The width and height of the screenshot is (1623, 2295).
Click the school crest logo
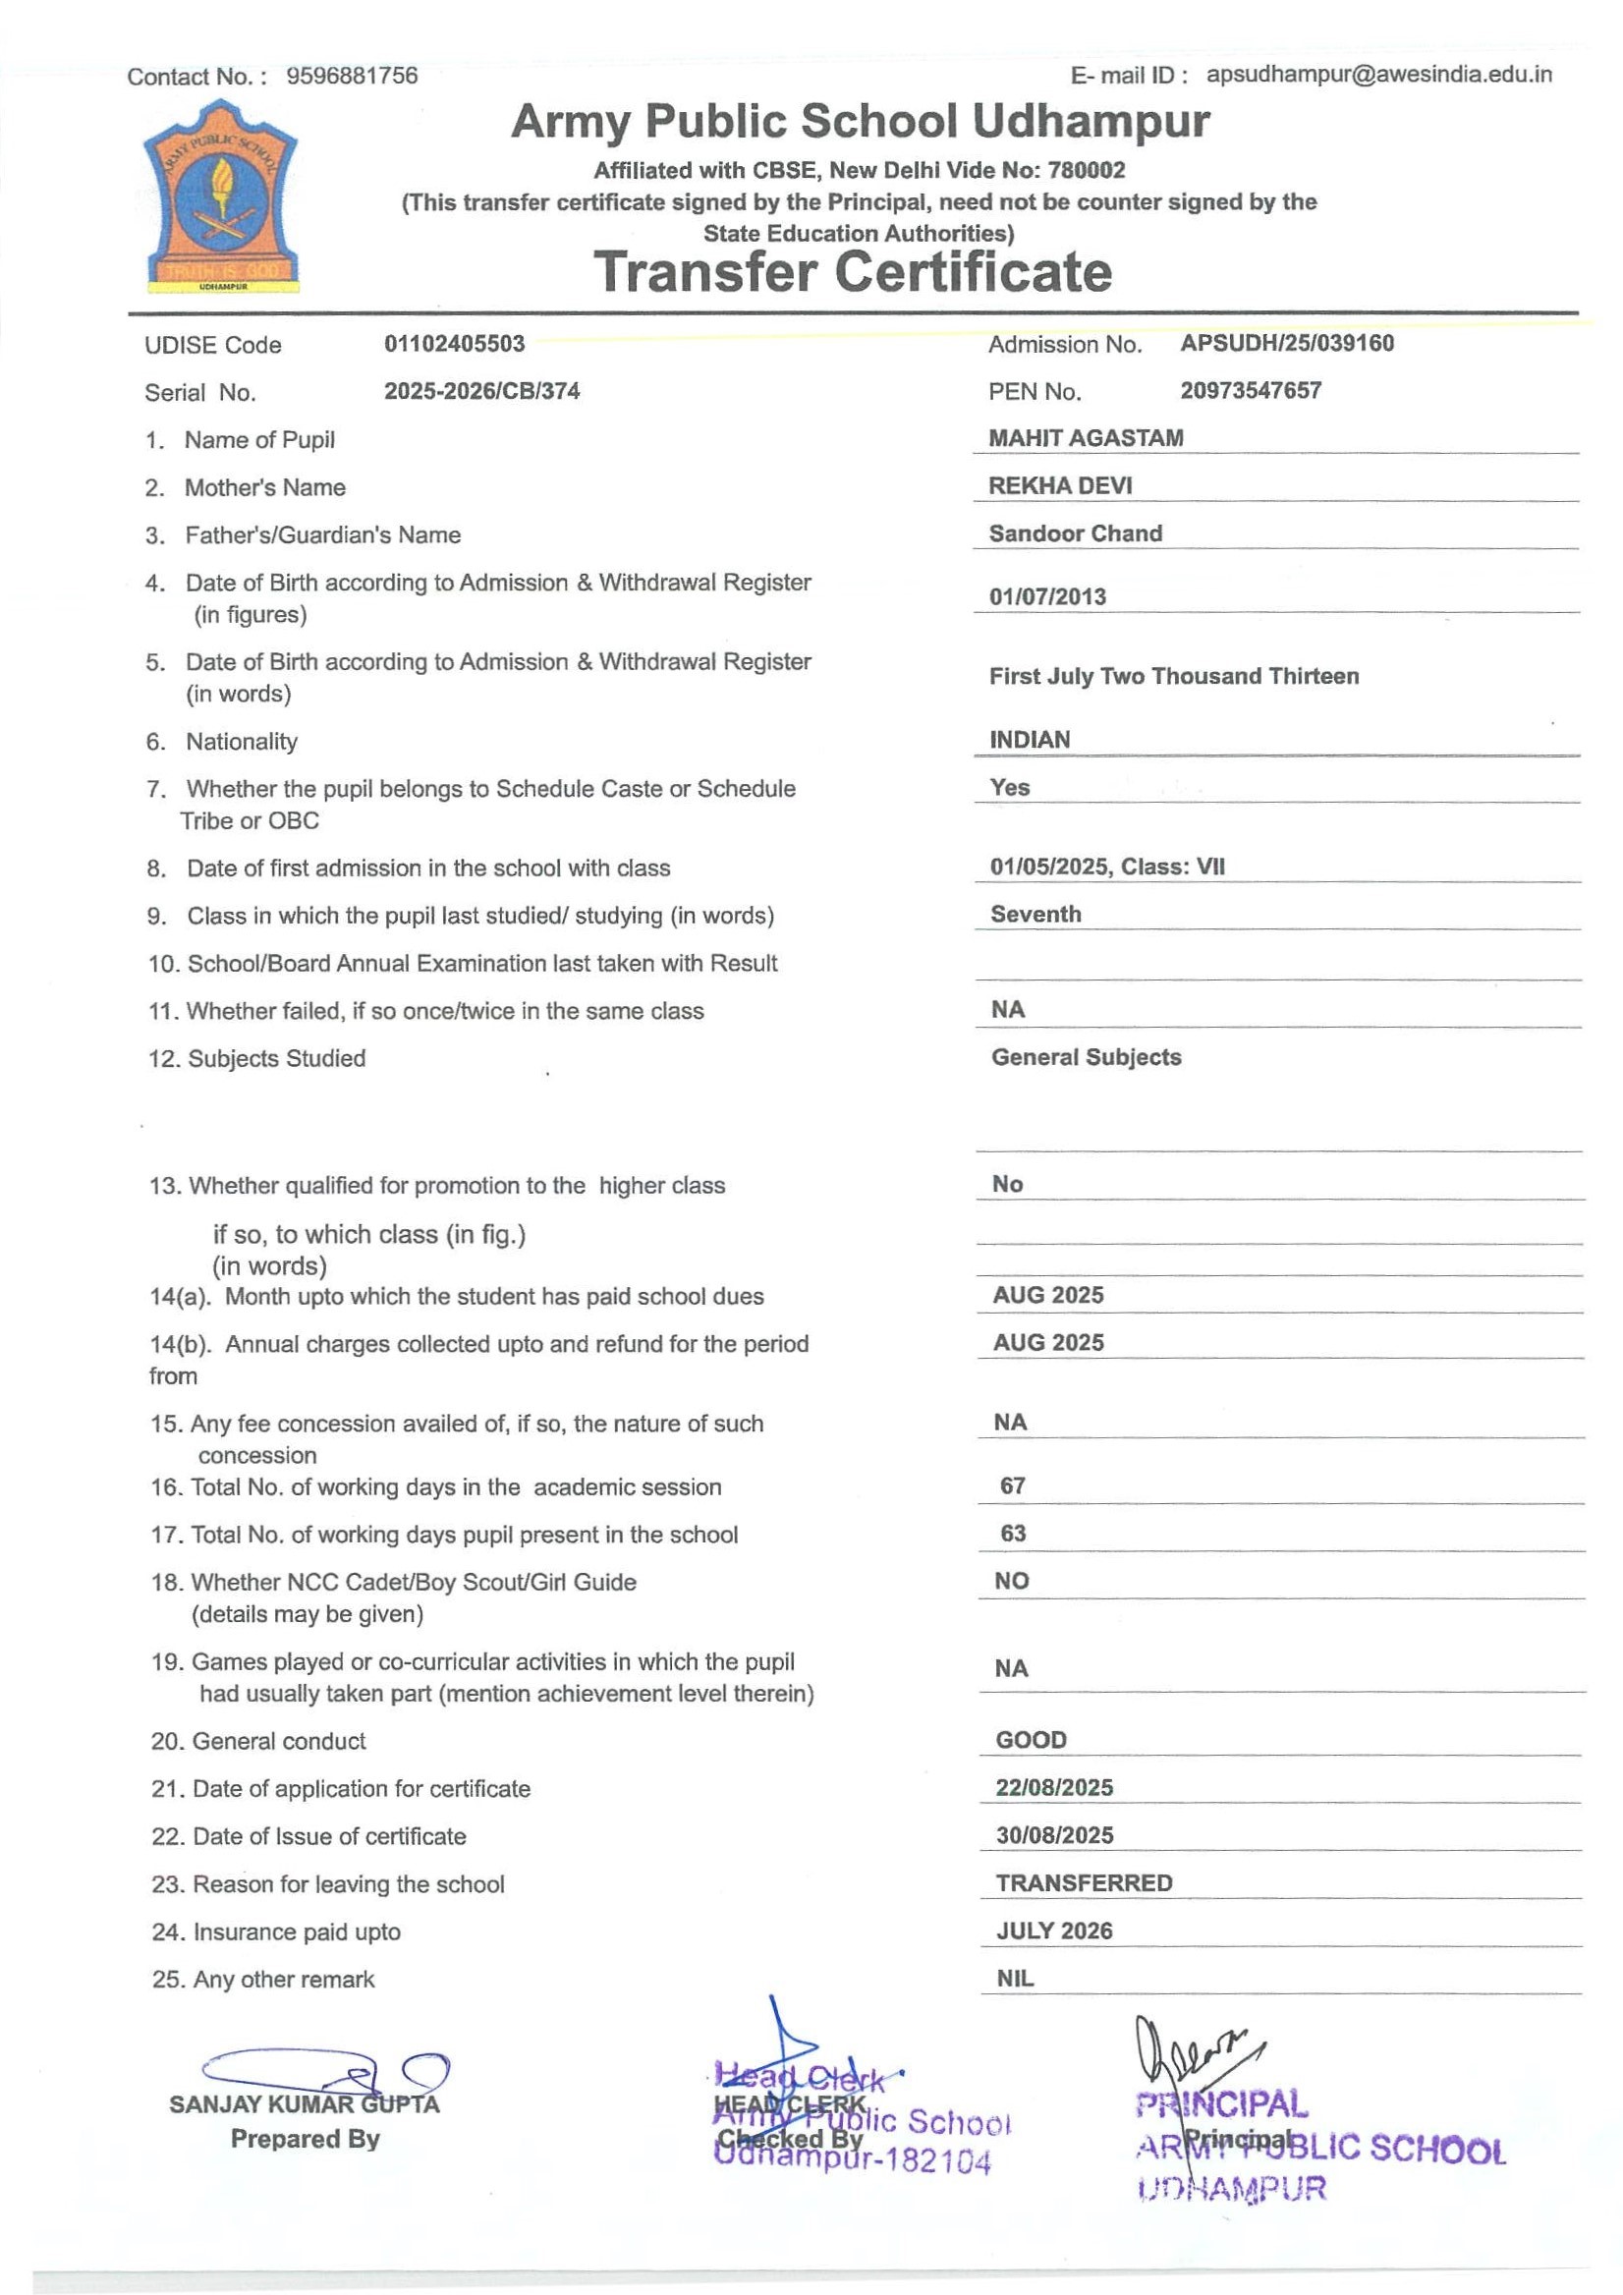221,196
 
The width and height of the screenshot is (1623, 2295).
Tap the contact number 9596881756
352,76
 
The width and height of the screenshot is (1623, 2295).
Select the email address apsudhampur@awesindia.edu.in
1378,74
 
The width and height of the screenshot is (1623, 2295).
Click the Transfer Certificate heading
853,272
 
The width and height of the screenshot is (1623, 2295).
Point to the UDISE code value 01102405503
454,344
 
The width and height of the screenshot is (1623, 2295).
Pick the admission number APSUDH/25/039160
1286,343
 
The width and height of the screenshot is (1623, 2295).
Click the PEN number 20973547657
1251,391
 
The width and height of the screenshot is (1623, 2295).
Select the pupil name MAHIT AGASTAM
1086,438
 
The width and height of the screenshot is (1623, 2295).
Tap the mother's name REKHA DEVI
1060,485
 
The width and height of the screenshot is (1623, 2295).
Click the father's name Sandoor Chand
1076,533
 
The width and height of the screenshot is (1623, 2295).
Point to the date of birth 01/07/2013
1047,596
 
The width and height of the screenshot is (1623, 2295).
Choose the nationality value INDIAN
1030,740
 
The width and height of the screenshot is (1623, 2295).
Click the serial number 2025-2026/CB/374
481,391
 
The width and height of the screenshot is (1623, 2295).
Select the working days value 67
1012,1485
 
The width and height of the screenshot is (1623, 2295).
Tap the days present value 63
1012,1534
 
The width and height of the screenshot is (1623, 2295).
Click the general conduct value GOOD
1031,1740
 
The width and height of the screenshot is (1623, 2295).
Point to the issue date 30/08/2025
1054,1835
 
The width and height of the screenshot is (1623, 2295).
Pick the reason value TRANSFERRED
1084,1883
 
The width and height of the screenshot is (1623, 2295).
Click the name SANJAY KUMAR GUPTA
304,2104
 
